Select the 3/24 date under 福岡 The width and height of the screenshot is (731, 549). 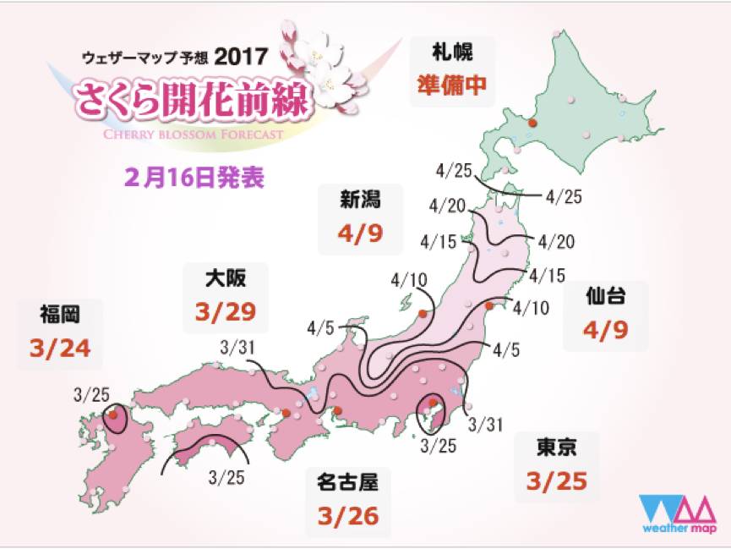tap(58, 347)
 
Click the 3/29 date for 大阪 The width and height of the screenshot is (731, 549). tap(224, 311)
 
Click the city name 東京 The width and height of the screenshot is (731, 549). tap(555, 447)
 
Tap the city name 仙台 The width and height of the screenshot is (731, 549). tap(605, 295)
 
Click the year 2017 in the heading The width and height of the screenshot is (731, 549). tap(241, 57)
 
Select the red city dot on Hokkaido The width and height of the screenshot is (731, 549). tap(532, 124)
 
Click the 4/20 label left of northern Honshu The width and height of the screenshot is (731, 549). tap(445, 205)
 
